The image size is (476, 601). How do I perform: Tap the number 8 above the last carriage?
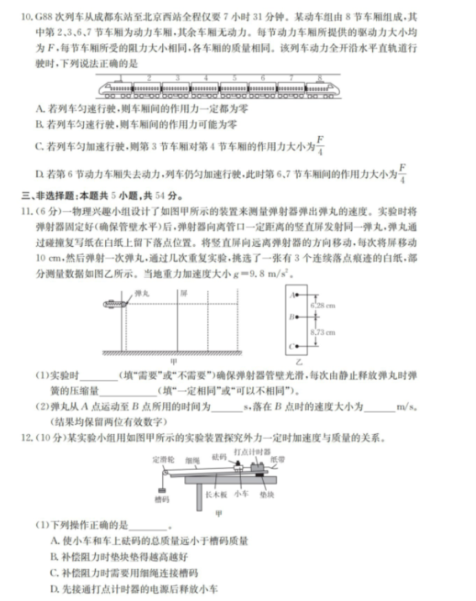pos(320,79)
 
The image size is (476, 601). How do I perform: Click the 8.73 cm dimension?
pos(322,332)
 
